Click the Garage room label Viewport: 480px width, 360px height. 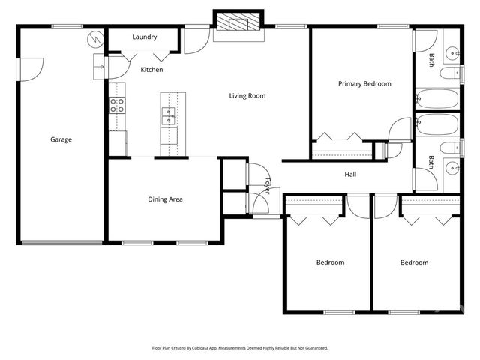point(61,139)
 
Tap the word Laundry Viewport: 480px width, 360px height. point(144,37)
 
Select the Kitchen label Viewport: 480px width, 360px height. point(151,70)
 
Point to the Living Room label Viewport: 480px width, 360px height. point(247,95)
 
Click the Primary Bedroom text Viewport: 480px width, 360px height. point(364,84)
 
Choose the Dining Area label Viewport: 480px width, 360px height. point(165,199)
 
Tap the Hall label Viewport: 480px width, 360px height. point(350,175)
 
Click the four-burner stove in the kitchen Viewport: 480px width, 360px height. point(118,105)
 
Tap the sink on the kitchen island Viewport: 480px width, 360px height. point(169,115)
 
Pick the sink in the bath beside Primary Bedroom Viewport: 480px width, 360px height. point(452,52)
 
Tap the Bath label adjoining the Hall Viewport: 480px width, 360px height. point(431,162)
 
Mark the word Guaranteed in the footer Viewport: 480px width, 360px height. point(313,348)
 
